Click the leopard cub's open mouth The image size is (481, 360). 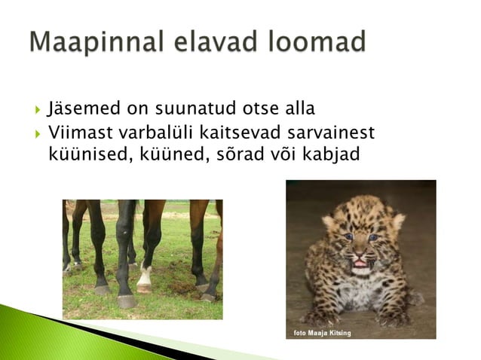click(x=360, y=263)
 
